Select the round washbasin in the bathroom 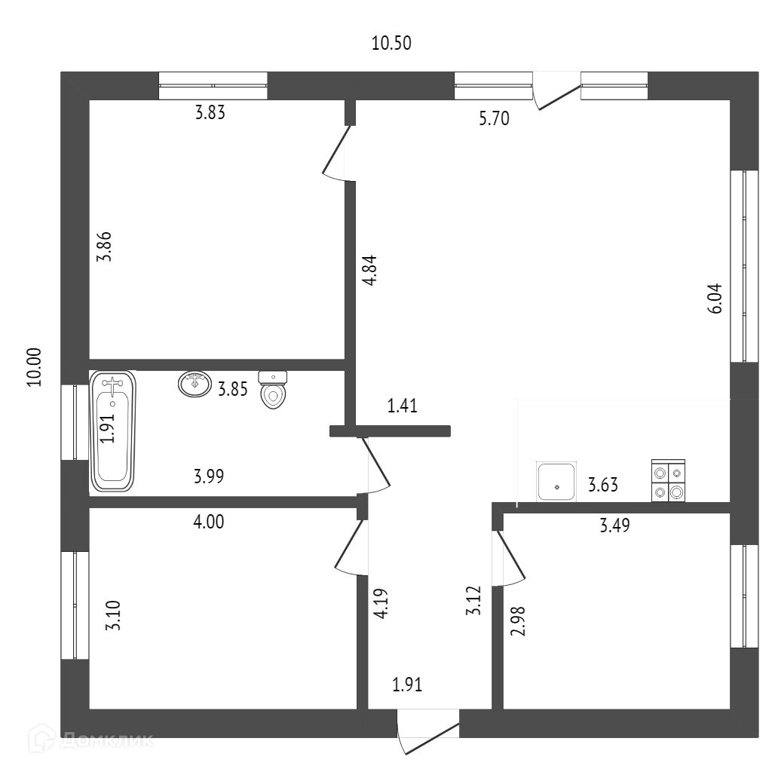[x=195, y=384]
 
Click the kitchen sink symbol [x=556, y=482]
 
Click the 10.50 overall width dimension [x=391, y=43]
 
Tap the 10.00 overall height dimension [x=35, y=366]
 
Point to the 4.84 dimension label [x=369, y=271]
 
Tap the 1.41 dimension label [x=403, y=407]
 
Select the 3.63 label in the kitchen [x=603, y=485]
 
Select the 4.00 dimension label [x=209, y=521]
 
